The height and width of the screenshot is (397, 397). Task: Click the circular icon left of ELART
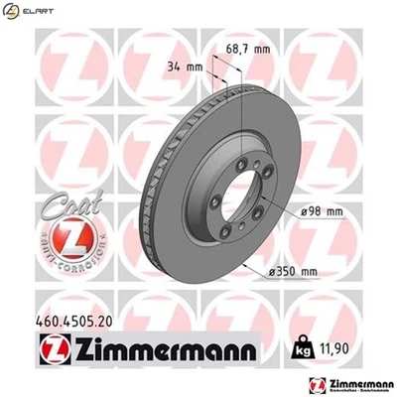[x=10, y=10]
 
